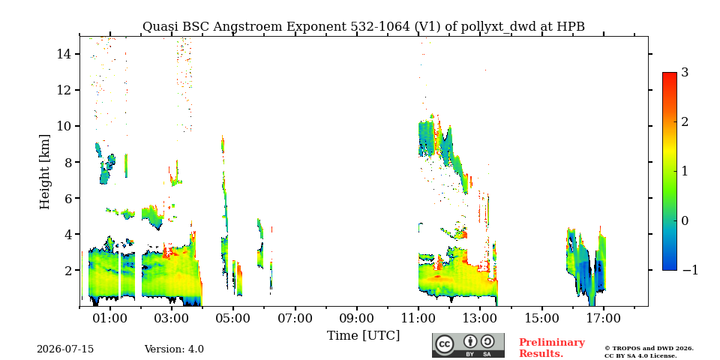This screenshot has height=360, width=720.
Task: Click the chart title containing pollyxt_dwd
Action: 363,27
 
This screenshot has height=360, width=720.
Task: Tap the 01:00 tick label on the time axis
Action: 110,318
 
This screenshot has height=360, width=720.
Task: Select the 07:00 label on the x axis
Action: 295,318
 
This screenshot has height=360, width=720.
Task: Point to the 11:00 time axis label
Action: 418,318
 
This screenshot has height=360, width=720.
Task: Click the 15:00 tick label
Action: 541,318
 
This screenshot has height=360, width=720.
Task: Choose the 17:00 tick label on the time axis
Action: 603,318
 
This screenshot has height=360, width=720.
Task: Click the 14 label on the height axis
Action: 63,54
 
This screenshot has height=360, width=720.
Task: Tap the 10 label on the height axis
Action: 63,126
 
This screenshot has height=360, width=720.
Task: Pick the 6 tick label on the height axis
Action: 67,198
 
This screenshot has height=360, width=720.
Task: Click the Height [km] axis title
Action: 44,172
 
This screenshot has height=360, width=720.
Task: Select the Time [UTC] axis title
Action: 363,336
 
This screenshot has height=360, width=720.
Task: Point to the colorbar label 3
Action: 685,73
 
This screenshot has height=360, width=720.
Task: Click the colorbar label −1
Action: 690,270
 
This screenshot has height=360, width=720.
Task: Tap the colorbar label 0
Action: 685,220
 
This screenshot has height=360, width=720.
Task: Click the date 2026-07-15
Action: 65,349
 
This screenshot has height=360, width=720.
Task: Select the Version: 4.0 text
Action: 174,349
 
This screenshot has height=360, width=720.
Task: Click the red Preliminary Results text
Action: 552,348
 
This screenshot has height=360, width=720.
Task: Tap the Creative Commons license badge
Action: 468,345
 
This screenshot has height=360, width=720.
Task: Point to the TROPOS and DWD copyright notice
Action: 649,352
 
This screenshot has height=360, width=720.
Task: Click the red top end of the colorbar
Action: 670,74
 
